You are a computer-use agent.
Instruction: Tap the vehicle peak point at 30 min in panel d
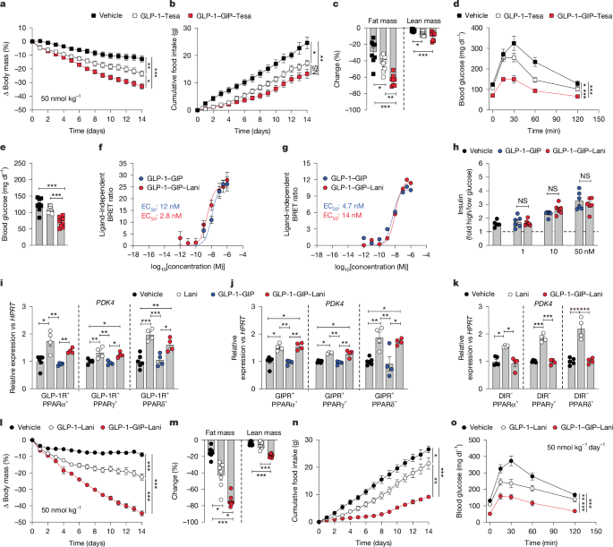(x=515, y=41)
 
